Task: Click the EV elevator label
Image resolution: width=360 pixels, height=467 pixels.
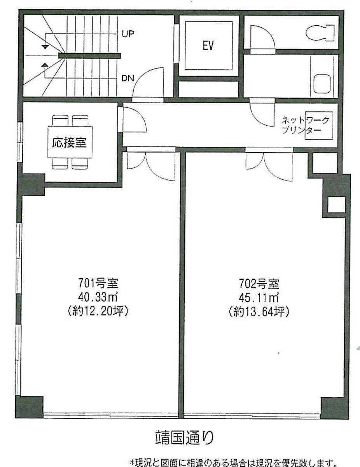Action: (x=208, y=46)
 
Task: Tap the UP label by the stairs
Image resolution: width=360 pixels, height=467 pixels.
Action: (x=128, y=33)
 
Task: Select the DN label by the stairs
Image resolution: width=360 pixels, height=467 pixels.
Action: (x=128, y=78)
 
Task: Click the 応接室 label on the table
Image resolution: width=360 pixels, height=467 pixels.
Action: (x=70, y=142)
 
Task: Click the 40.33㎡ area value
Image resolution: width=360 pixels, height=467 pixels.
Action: (x=98, y=298)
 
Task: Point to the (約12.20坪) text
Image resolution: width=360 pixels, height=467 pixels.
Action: (x=98, y=311)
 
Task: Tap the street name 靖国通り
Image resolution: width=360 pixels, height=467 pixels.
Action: (x=182, y=438)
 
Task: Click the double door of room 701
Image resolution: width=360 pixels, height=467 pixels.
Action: (x=151, y=163)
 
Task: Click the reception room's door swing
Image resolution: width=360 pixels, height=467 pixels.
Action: (x=133, y=121)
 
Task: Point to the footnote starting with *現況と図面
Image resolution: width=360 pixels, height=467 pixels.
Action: (x=233, y=463)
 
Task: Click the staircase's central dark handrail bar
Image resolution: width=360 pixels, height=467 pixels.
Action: (x=89, y=56)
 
